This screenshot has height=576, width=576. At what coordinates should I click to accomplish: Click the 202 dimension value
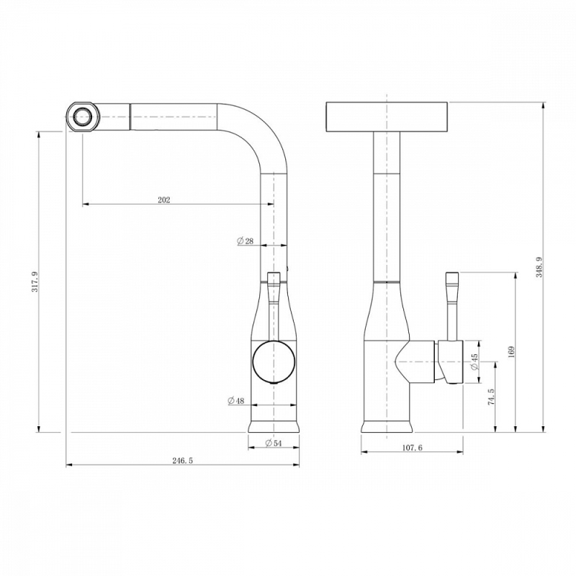[164, 200]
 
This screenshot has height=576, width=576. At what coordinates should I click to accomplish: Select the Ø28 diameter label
[246, 241]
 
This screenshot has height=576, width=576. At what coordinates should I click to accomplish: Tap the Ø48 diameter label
[236, 400]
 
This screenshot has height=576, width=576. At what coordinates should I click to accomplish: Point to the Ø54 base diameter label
[274, 443]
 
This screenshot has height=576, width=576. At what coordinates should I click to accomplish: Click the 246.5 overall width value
[183, 461]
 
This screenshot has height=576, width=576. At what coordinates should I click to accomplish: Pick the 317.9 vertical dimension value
[35, 282]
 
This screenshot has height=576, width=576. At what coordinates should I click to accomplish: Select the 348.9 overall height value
[539, 267]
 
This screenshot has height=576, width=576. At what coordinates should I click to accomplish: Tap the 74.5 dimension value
[491, 397]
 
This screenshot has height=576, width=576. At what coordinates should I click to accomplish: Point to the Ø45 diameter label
[474, 362]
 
